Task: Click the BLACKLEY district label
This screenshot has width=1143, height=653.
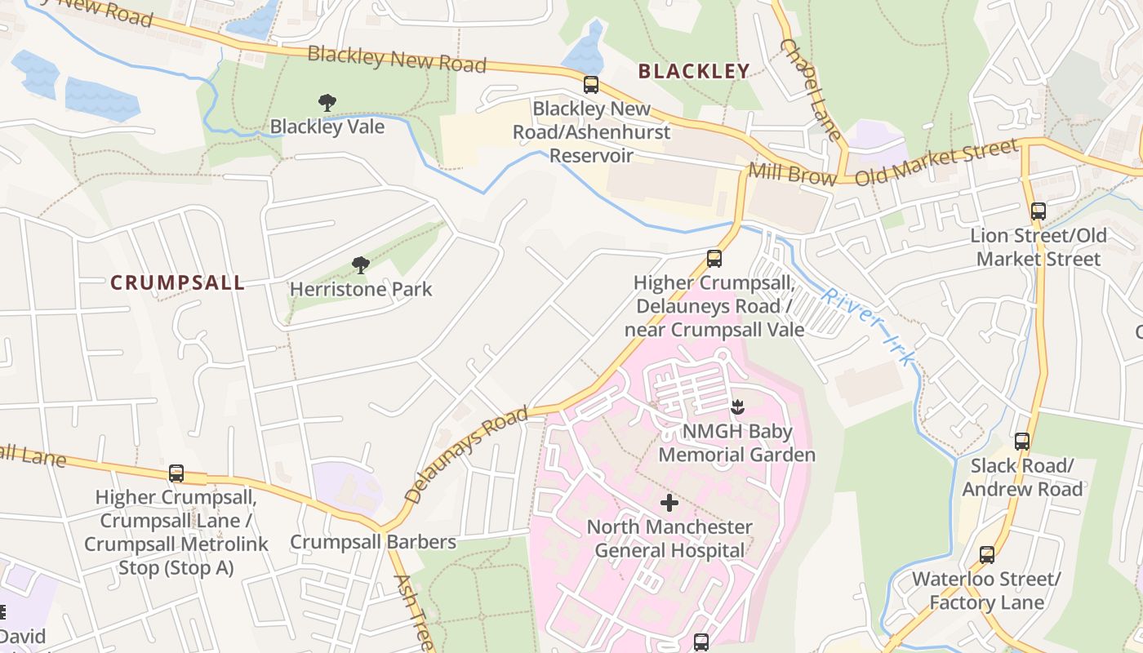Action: click(x=693, y=71)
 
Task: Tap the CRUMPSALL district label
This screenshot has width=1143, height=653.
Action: click(x=177, y=283)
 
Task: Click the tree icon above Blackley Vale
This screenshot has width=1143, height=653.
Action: click(x=327, y=103)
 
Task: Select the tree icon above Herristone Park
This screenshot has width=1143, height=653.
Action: click(x=360, y=264)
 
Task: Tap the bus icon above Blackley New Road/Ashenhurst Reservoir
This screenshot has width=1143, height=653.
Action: click(x=591, y=85)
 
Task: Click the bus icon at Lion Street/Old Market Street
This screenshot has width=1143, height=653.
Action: click(x=1038, y=211)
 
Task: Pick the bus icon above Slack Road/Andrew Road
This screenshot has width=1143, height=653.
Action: click(x=1021, y=442)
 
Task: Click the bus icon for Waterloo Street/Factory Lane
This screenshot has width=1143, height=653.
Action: click(x=986, y=555)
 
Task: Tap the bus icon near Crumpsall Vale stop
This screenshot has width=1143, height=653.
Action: click(x=714, y=259)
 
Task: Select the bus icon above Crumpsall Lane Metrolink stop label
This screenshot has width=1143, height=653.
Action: click(x=176, y=473)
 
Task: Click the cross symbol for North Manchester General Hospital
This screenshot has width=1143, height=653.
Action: click(x=669, y=503)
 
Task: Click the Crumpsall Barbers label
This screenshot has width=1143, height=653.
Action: click(x=373, y=542)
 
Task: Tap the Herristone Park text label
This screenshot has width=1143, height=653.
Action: click(x=361, y=289)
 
